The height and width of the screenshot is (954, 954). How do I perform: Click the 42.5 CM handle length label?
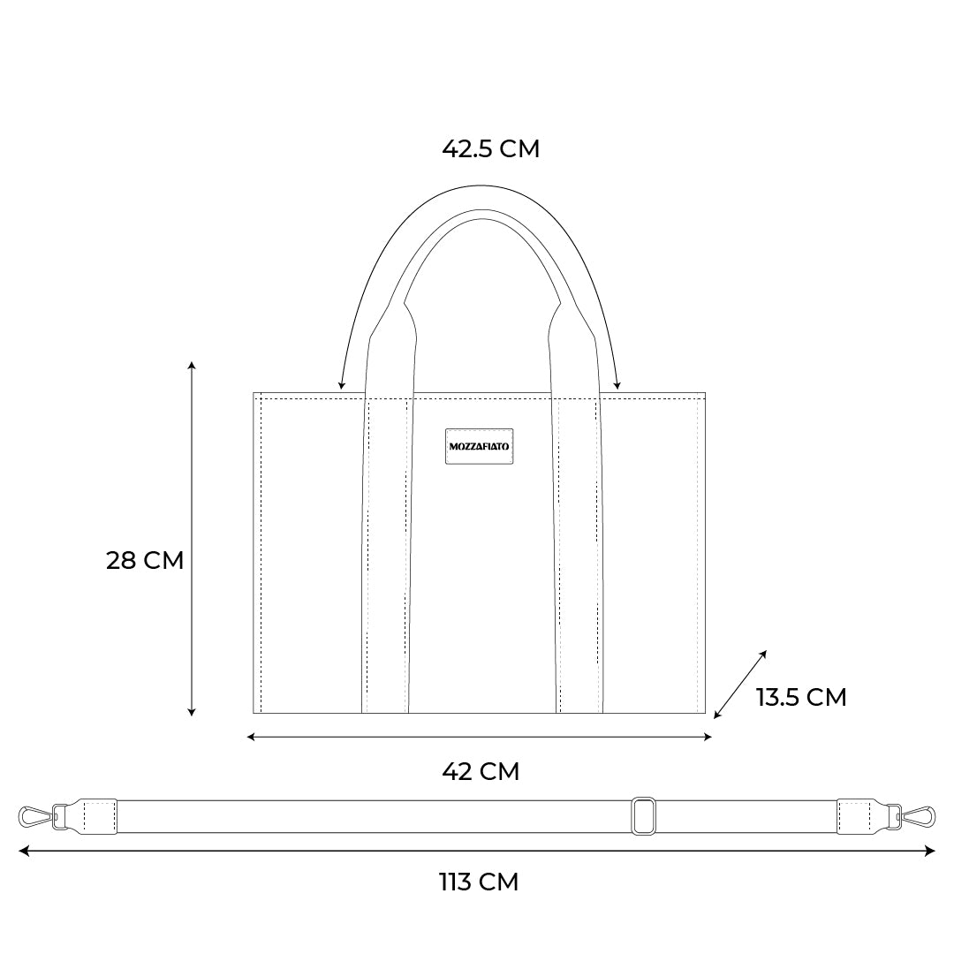click(x=490, y=149)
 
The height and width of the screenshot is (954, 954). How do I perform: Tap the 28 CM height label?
click(x=145, y=560)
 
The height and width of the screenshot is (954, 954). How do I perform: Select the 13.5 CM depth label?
click(x=801, y=697)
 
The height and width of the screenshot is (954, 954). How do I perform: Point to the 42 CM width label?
click(x=481, y=771)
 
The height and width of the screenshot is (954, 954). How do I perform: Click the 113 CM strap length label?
click(x=479, y=882)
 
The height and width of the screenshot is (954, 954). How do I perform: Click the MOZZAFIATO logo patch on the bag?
click(x=480, y=446)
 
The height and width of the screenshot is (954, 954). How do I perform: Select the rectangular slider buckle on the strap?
click(x=644, y=816)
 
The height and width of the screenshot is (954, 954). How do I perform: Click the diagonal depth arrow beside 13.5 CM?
click(x=740, y=685)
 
